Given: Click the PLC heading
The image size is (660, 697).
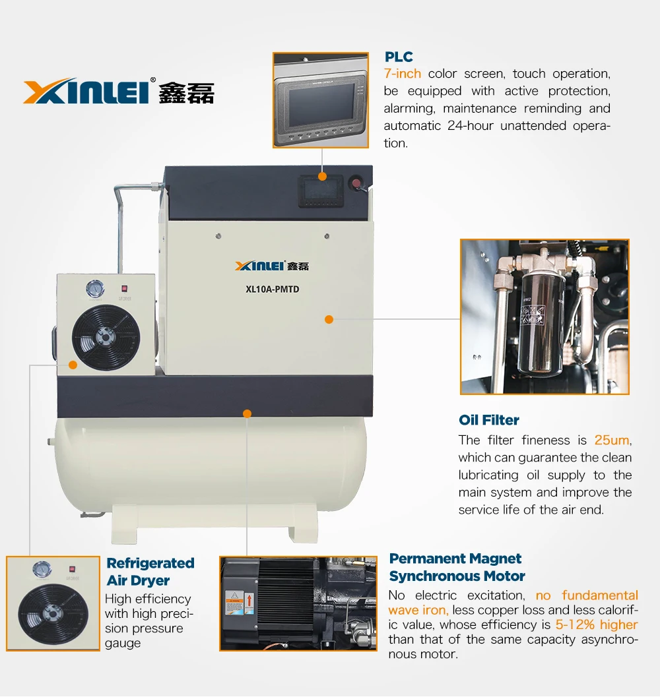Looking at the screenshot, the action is click(x=399, y=57).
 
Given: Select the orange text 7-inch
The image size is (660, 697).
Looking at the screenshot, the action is click(x=403, y=73).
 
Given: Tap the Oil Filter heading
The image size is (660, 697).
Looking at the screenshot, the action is click(x=488, y=420).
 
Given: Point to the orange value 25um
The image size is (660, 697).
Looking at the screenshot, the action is click(x=612, y=440).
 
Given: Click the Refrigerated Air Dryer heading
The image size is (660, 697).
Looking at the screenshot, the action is click(x=150, y=572).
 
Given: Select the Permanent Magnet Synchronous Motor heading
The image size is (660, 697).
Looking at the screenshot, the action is click(x=457, y=567).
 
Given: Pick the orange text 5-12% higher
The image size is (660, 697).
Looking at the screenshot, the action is click(x=597, y=624).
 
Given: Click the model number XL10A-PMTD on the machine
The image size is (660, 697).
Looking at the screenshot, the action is click(x=273, y=289).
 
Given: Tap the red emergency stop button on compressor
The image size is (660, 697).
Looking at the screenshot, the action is click(x=356, y=183).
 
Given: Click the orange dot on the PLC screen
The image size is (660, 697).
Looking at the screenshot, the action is click(x=322, y=177).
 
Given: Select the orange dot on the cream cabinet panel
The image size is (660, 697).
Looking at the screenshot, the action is click(x=329, y=319).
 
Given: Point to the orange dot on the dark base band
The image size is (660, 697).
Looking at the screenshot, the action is click(x=247, y=414).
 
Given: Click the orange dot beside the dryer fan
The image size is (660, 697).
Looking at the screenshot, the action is click(x=73, y=365).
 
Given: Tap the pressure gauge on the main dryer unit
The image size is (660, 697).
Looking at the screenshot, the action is click(x=95, y=289).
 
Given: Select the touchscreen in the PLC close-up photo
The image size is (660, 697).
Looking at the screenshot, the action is click(x=321, y=105).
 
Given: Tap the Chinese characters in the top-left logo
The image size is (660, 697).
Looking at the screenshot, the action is click(x=187, y=93).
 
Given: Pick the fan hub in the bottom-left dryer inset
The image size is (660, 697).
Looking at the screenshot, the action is click(x=53, y=614).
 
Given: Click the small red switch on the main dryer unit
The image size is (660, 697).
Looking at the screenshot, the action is click(x=125, y=288).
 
